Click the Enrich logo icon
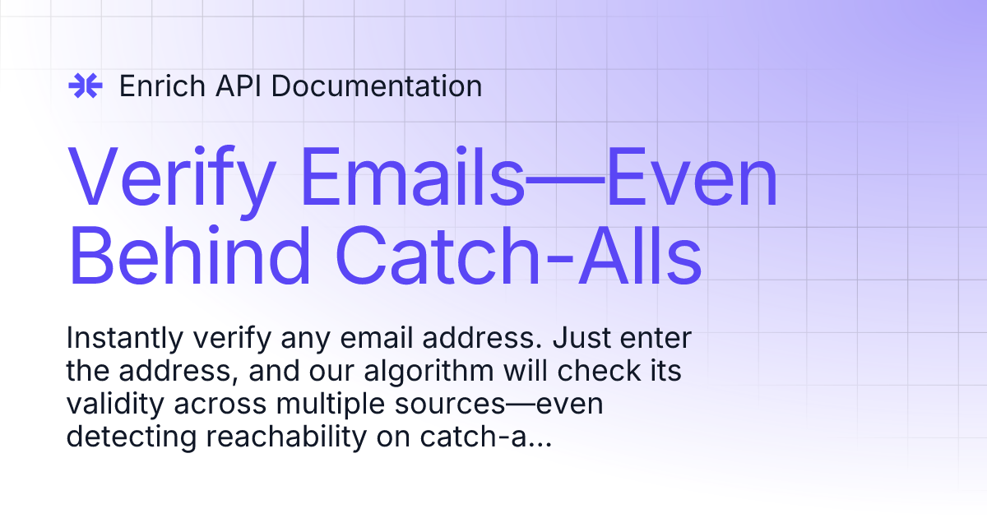click(85, 86)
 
